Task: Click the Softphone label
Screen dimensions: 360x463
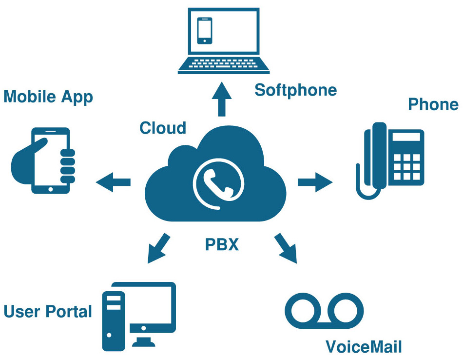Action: (295, 90)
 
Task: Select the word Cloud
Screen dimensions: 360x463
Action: (163, 128)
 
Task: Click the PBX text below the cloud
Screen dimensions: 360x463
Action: (222, 244)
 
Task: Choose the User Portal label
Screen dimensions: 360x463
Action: (48, 311)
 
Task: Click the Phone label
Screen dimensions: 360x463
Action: (433, 104)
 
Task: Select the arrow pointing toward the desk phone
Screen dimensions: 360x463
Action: (315, 182)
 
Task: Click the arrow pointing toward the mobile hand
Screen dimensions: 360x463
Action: (114, 182)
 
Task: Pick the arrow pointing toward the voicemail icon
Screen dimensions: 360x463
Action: (286, 248)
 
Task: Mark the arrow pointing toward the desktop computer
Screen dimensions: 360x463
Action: (159, 248)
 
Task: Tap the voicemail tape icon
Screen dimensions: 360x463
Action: (324, 310)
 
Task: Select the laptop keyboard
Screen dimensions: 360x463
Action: (224, 64)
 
